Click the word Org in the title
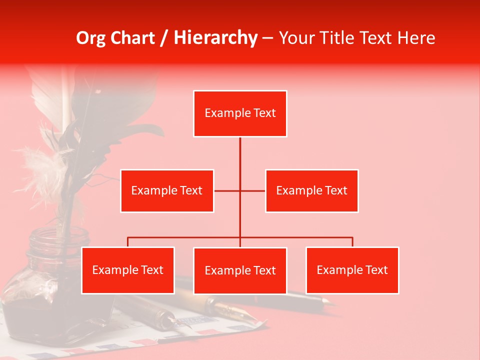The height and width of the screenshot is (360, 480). (x=90, y=38)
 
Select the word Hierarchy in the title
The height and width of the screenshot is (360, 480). (x=215, y=38)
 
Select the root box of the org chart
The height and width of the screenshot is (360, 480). (x=240, y=113)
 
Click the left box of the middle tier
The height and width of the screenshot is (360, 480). (x=167, y=190)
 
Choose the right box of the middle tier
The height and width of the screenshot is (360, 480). (x=311, y=190)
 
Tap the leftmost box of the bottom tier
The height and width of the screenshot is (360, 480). (x=128, y=270)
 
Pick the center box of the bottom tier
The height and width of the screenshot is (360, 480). (x=240, y=270)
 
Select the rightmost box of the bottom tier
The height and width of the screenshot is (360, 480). (x=352, y=270)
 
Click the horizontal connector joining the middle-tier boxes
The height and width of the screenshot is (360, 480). (x=227, y=190)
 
